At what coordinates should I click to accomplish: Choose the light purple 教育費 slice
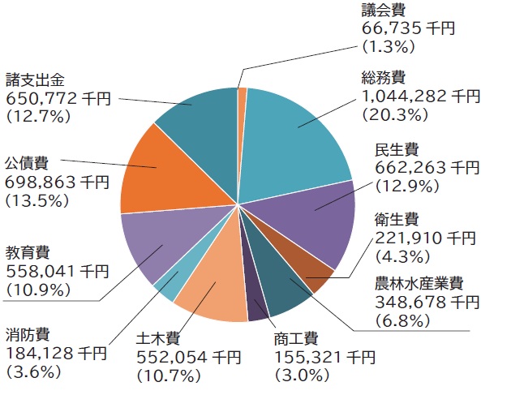(158, 243)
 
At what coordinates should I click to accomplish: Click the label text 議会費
(383, 11)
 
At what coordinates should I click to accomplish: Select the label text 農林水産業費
(419, 284)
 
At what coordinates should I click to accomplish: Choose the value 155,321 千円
(324, 357)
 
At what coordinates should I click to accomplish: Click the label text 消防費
(28, 333)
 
